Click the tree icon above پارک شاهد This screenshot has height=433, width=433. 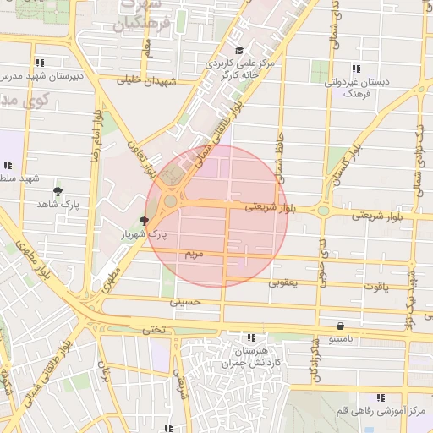point(58,191)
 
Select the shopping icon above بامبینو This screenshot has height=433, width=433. point(340,326)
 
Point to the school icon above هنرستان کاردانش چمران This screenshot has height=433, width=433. point(249,337)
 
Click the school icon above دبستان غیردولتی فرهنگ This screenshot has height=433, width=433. point(355,69)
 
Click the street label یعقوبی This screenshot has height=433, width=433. point(283,282)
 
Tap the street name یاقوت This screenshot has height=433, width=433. point(375,288)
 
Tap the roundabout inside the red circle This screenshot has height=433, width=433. point(171,201)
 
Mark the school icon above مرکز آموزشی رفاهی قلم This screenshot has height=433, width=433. point(380,397)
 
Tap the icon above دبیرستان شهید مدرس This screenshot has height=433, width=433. point(40,62)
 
